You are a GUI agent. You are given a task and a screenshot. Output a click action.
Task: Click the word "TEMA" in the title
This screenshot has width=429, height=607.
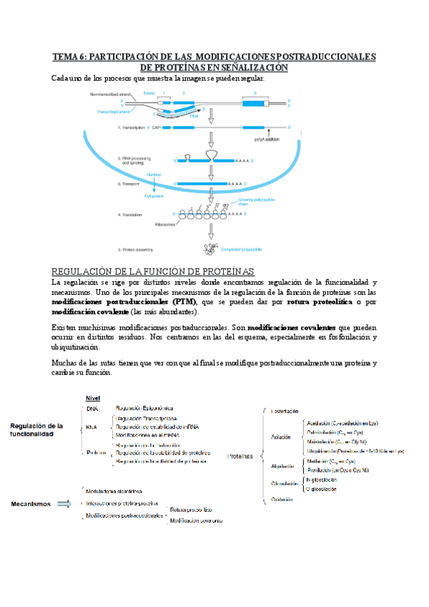[x=68, y=56]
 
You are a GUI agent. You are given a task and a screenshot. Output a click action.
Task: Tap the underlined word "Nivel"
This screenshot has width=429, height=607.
[x=93, y=398]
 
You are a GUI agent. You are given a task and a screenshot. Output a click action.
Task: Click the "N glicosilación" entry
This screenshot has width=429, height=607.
[x=324, y=480]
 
